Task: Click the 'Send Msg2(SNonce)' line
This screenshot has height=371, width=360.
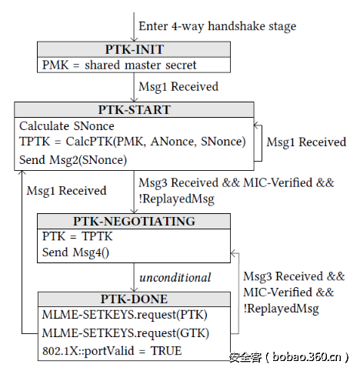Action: (x=73, y=159)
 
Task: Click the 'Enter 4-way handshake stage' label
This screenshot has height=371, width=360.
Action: (x=217, y=26)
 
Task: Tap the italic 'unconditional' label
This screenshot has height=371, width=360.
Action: (x=175, y=276)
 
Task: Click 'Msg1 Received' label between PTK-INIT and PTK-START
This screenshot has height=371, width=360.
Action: (x=178, y=86)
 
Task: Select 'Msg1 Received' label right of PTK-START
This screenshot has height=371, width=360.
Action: (x=305, y=142)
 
